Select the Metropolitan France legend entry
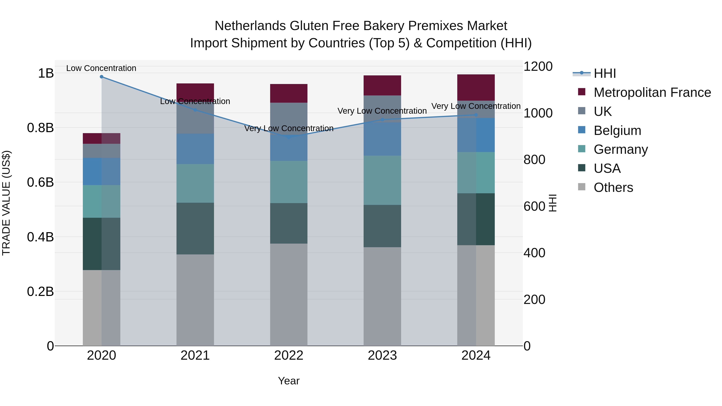(x=652, y=92)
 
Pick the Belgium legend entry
(x=617, y=131)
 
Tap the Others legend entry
(x=613, y=187)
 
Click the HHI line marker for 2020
(x=101, y=77)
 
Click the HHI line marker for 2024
(x=476, y=115)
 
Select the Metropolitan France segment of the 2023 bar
(x=382, y=85)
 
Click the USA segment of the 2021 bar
(x=195, y=228)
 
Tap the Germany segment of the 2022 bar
(x=289, y=182)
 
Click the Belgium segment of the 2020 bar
(x=101, y=171)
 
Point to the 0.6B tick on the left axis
(x=40, y=182)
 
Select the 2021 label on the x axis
(x=195, y=355)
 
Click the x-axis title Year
(x=289, y=381)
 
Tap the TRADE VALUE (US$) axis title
(x=6, y=203)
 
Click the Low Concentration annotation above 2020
(x=101, y=68)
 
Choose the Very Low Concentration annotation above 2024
(x=476, y=106)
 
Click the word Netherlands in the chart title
(x=250, y=26)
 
